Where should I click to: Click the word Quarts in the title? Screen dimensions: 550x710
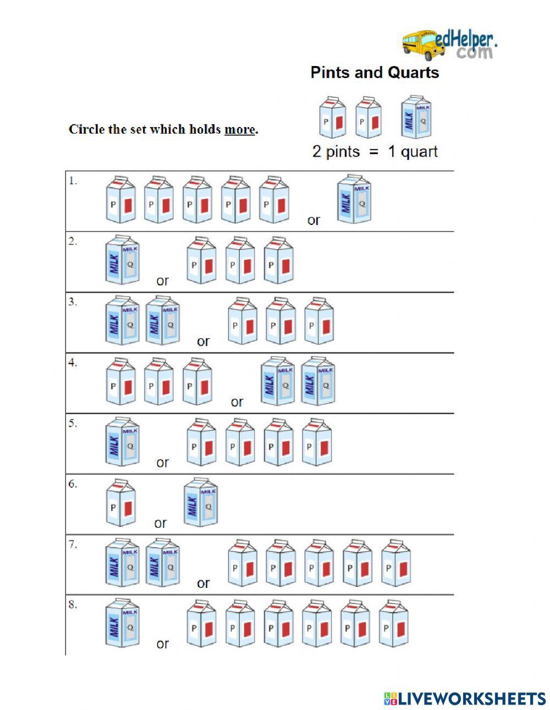coord(413,73)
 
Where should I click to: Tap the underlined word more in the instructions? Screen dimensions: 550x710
coord(240,130)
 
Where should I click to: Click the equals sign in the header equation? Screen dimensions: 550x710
coord(374,152)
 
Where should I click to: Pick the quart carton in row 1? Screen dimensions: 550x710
coord(354,199)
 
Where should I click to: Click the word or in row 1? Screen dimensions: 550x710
coord(313,221)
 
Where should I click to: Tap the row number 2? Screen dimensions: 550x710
coord(73,241)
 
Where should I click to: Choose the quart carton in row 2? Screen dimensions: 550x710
coord(122,260)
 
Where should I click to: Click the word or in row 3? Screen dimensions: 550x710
coord(203,342)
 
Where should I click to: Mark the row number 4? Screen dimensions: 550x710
coord(73,362)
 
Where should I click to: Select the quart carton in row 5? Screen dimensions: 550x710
coord(122,442)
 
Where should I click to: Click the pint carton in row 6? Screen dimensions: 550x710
coord(120,502)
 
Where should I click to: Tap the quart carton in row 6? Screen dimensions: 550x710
coord(200,502)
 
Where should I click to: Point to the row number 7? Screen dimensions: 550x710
coord(73,544)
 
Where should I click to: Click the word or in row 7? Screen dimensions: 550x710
coord(203,584)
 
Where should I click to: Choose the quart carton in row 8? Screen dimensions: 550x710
coord(122,623)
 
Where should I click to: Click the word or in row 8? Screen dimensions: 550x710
coord(162,644)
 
